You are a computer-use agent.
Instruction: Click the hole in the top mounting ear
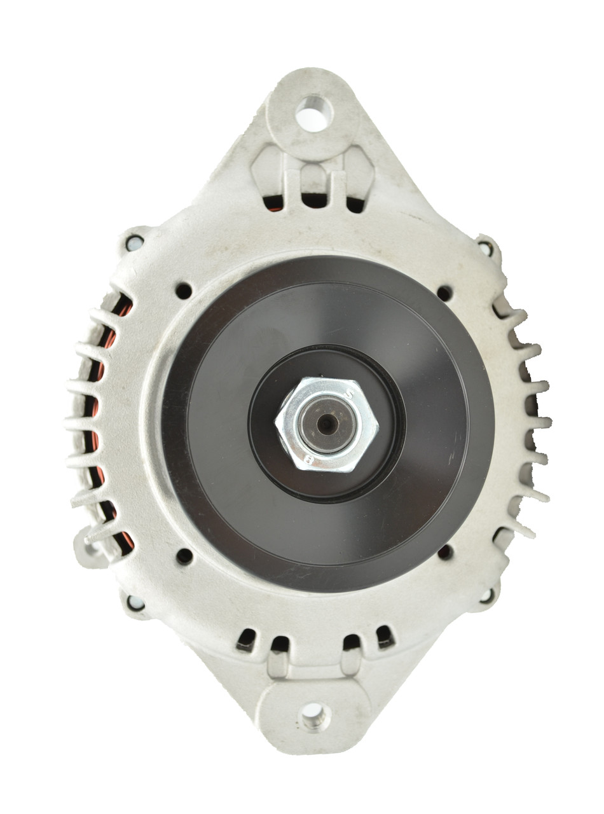[x=313, y=115]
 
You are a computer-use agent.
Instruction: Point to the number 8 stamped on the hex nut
[x=308, y=458]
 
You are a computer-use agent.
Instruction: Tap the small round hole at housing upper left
[x=184, y=291]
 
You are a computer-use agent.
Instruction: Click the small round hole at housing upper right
[x=444, y=293]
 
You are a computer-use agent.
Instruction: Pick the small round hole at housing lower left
[x=184, y=556]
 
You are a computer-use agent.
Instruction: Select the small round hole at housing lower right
[x=446, y=552]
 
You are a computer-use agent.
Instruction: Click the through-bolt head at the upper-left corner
[x=134, y=242]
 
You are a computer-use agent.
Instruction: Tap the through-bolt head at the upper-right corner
[x=486, y=247]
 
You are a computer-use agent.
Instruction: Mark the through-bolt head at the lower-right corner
[x=487, y=596]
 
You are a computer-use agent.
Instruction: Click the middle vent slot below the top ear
[x=313, y=200]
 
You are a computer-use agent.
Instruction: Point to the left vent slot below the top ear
[x=273, y=202]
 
